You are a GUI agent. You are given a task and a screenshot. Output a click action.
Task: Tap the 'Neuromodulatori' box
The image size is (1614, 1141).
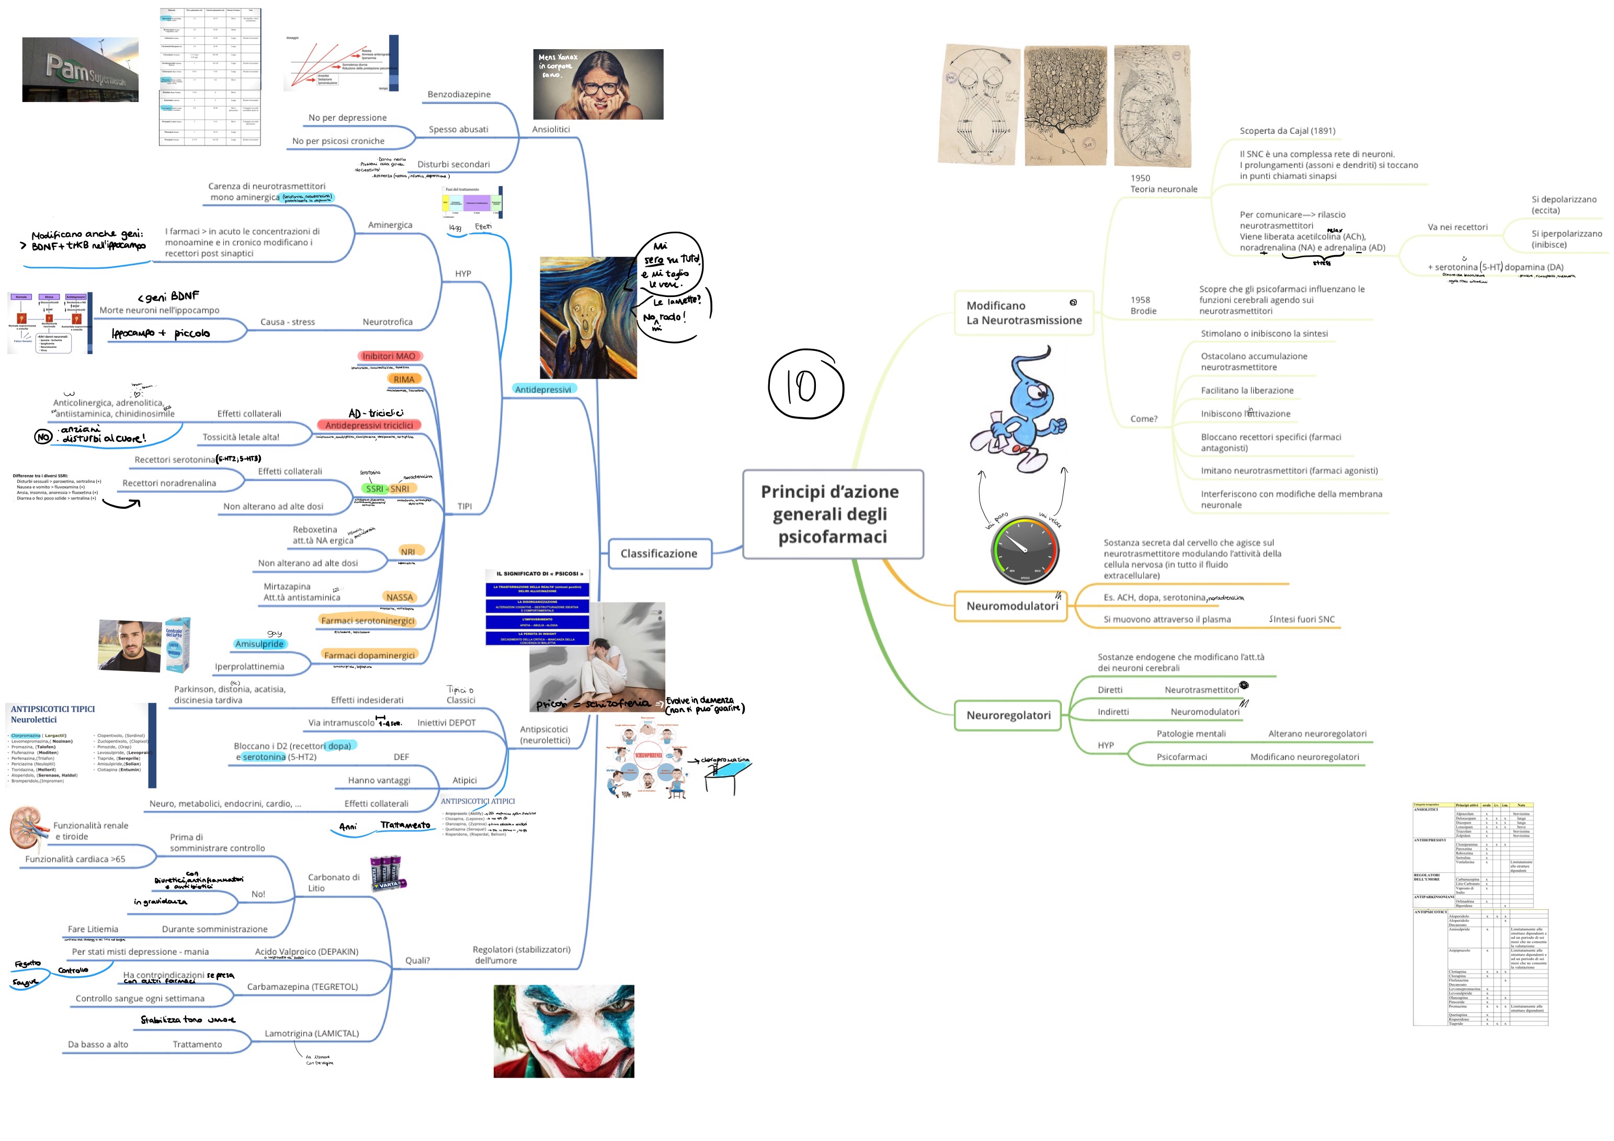tap(1011, 606)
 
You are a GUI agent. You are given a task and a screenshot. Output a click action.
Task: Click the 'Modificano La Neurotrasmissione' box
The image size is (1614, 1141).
tap(1024, 313)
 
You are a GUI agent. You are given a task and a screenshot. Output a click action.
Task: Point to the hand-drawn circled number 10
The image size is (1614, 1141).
tap(805, 384)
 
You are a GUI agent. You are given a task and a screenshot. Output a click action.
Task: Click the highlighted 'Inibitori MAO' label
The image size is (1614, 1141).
tap(389, 357)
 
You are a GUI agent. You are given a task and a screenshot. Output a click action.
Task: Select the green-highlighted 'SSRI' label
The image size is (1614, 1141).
tap(374, 488)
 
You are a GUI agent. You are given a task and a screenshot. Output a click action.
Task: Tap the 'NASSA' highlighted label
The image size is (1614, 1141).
tap(399, 598)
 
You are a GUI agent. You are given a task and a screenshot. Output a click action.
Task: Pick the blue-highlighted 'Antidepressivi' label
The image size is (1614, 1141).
tap(543, 390)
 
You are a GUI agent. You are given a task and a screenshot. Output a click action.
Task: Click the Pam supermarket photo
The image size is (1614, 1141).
tap(80, 70)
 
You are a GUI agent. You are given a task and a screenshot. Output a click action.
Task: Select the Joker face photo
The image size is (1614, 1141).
tap(564, 1031)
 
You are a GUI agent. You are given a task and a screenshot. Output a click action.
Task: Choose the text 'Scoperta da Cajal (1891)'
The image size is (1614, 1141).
tap(1287, 131)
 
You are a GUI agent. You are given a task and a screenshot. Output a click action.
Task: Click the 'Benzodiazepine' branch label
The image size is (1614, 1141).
tap(459, 94)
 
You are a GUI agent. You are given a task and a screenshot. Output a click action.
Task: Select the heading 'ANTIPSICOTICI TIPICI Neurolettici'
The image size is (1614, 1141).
tap(53, 714)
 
